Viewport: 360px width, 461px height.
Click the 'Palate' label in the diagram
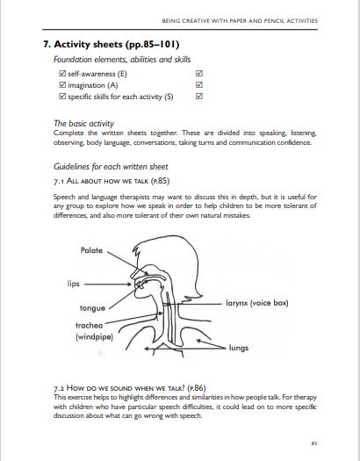pos(91,250)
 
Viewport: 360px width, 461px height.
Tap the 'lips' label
pos(74,284)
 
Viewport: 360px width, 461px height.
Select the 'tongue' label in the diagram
pos(92,308)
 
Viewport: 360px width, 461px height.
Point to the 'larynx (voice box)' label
pos(257,303)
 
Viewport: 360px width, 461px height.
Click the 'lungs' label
pos(239,348)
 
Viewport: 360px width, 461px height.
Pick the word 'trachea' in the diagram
pos(90,326)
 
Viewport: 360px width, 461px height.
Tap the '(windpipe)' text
pos(94,336)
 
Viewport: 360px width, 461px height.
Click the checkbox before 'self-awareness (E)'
pos(62,74)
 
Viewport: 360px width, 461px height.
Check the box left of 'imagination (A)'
pos(62,85)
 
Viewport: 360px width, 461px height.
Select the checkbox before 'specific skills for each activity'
pos(62,97)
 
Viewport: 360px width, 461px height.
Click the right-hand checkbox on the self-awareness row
pos(199,74)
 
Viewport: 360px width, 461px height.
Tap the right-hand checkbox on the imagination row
pos(199,85)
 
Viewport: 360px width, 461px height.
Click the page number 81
pos(314,443)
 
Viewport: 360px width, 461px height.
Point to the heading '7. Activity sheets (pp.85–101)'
pos(112,45)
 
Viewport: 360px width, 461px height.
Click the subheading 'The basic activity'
pos(83,124)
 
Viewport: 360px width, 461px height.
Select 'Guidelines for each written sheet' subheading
pos(111,167)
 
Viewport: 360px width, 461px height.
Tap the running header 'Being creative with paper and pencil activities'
pos(240,21)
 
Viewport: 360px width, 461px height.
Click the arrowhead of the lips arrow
pos(130,284)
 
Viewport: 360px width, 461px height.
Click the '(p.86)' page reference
pos(197,388)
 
